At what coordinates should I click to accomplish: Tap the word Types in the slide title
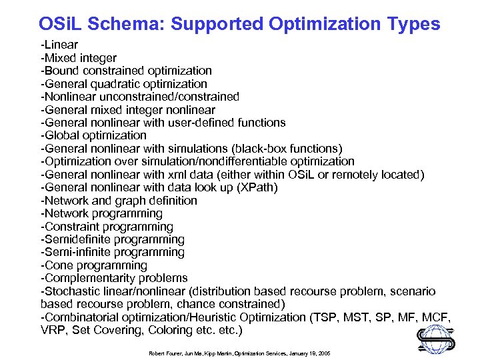coord(413,25)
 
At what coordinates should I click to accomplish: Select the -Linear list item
coord(59,45)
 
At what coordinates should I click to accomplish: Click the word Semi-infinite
coord(78,252)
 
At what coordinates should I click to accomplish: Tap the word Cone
coord(58,265)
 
